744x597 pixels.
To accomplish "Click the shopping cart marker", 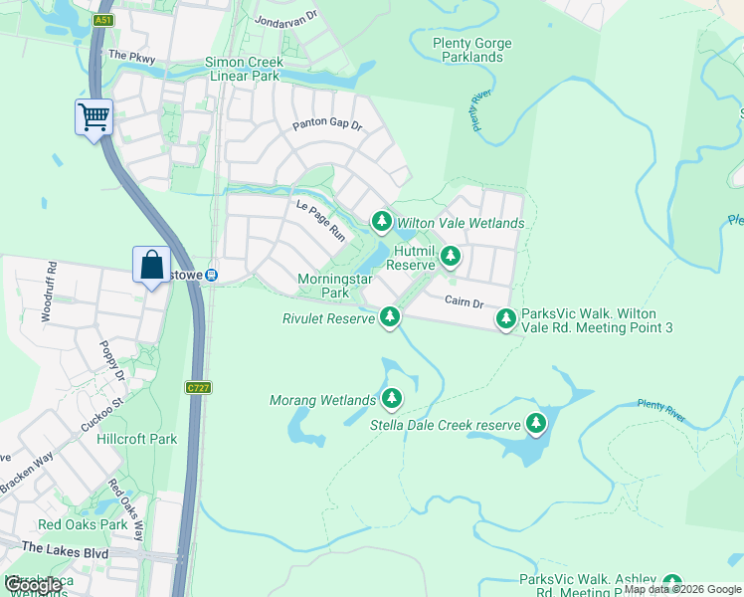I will [x=94, y=117].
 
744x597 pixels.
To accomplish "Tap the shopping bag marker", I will [x=151, y=266].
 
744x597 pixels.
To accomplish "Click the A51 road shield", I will [x=103, y=20].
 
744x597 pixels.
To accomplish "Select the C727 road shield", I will [x=196, y=387].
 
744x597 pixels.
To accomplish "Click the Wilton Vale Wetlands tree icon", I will [x=381, y=221].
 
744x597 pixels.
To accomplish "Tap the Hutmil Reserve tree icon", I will [x=451, y=256].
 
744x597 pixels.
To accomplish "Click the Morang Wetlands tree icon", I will [x=392, y=399].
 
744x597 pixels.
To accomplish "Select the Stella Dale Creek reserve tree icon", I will [x=536, y=424].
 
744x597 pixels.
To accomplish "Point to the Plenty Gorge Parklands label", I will [x=472, y=50].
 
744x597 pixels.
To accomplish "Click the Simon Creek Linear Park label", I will [x=243, y=69].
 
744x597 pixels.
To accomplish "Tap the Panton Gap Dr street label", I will [x=327, y=126].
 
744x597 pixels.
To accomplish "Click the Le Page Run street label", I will [x=319, y=220].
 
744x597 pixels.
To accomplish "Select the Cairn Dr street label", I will [x=463, y=301].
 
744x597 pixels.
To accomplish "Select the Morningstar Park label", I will [x=336, y=286].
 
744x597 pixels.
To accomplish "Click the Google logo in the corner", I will [x=33, y=585].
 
